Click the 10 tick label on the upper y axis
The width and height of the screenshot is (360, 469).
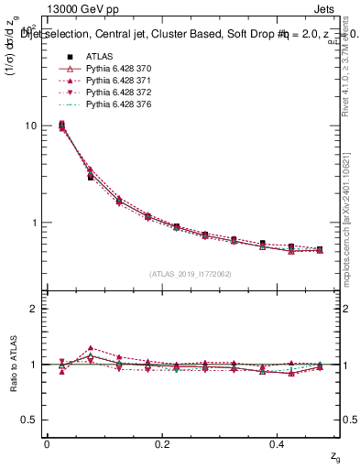coord(30,126)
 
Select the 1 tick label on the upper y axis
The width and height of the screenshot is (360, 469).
coord(33,223)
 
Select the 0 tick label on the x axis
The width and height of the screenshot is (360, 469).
coord(47,444)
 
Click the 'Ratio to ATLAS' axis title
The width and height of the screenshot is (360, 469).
coord(11,364)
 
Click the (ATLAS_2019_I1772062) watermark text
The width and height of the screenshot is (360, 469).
coord(191,273)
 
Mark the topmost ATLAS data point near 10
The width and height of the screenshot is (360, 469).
coord(61,125)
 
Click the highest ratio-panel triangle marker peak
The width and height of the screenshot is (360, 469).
coord(90,348)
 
